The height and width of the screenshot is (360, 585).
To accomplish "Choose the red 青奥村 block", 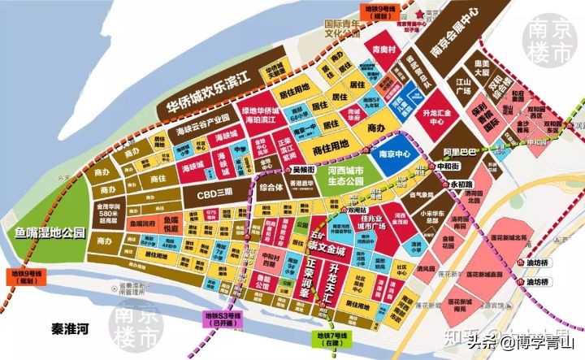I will point(383,49).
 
